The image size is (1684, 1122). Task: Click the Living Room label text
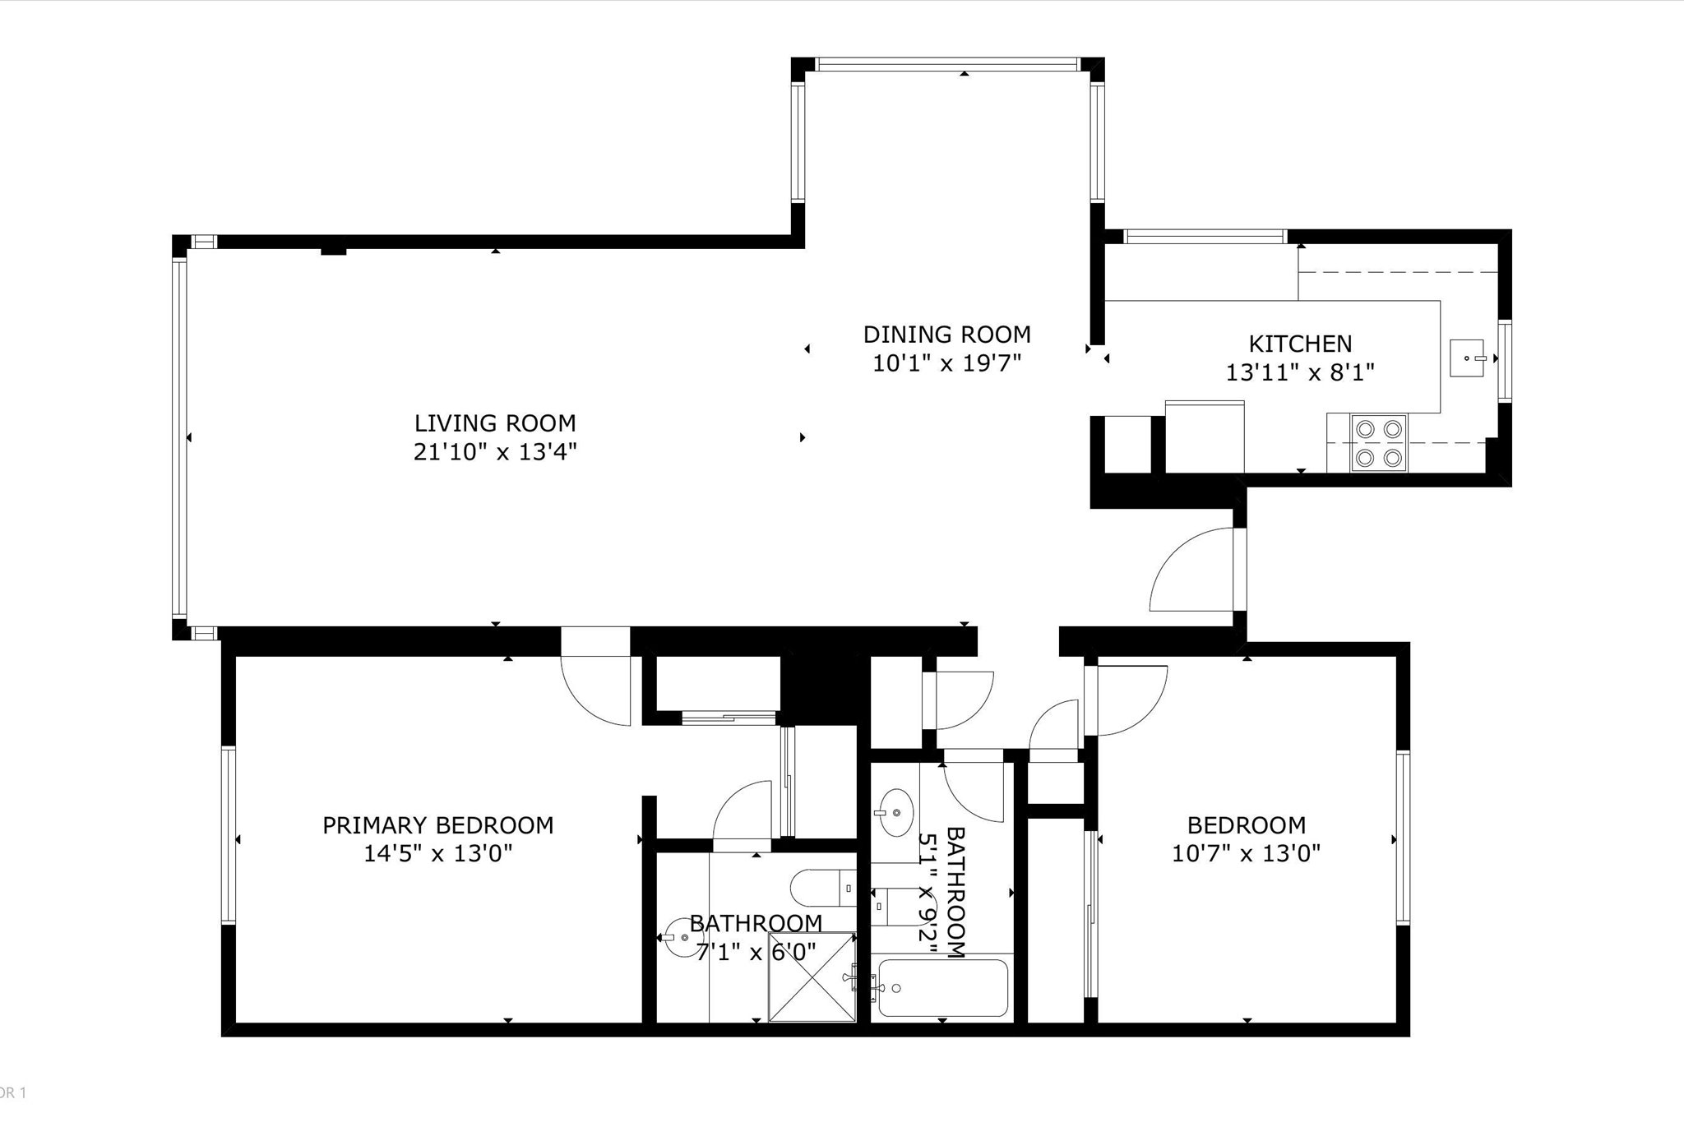pyautogui.click(x=495, y=423)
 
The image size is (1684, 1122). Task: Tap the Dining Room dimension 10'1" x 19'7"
pyautogui.click(x=946, y=363)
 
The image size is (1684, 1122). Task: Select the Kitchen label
pyautogui.click(x=1300, y=344)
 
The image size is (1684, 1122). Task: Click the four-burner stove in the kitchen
pyautogui.click(x=1379, y=443)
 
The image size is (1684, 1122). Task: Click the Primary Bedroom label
pyautogui.click(x=437, y=825)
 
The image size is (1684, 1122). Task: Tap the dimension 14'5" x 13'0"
pyautogui.click(x=438, y=854)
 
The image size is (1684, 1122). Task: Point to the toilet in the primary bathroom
pyautogui.click(x=823, y=889)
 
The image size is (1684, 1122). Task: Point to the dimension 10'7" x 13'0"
pyautogui.click(x=1247, y=854)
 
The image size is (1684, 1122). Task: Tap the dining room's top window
pyautogui.click(x=947, y=64)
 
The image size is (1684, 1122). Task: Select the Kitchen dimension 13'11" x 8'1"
pyautogui.click(x=1300, y=373)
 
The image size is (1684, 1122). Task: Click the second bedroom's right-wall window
pyautogui.click(x=1403, y=838)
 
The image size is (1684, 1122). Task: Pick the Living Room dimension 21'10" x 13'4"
pyautogui.click(x=495, y=452)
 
